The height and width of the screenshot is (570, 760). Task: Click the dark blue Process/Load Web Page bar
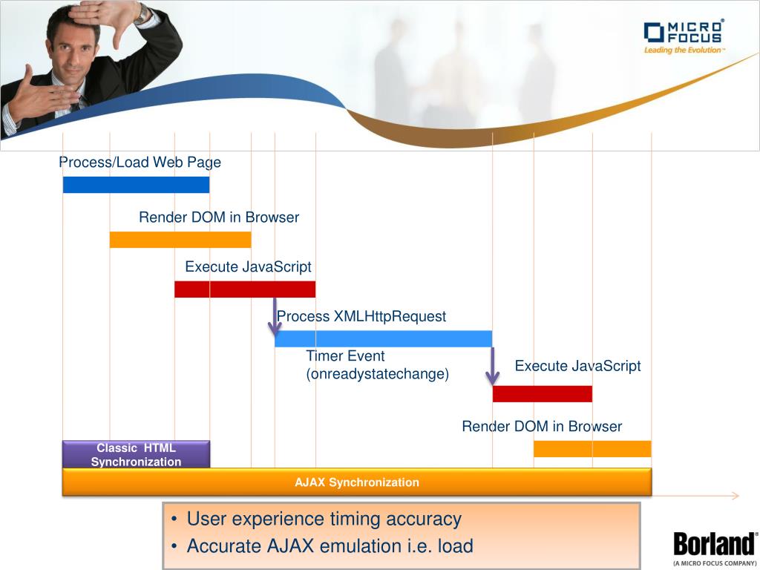click(137, 185)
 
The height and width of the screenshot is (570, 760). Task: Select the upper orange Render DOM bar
click(180, 240)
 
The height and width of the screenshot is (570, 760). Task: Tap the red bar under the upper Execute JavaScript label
click(245, 289)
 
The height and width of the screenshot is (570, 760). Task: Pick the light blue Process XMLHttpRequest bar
click(384, 338)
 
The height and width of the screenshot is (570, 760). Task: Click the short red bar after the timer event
click(543, 393)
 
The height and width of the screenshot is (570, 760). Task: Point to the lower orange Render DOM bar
click(592, 449)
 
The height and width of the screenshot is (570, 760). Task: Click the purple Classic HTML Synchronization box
click(137, 454)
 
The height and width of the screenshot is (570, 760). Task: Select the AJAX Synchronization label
click(357, 482)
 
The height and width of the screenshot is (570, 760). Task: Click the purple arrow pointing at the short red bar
click(493, 366)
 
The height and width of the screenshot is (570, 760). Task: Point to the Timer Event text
click(345, 356)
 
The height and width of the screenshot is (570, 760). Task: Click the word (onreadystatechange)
click(378, 374)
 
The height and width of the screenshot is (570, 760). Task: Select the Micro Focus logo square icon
click(654, 33)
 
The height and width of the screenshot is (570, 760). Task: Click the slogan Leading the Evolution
click(684, 50)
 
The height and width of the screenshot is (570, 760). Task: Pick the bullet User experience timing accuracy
click(316, 519)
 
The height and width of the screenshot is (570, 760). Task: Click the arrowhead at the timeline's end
click(736, 495)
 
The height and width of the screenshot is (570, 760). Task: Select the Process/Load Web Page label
click(140, 162)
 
